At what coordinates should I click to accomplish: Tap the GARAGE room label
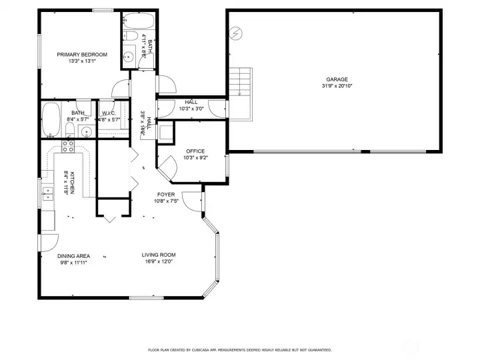[337, 79]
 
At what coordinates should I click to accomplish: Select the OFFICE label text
[195, 151]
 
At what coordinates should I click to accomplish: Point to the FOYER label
[166, 195]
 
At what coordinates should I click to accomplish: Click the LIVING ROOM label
[159, 255]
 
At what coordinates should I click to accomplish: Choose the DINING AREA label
[73, 255]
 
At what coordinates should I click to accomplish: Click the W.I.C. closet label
[109, 113]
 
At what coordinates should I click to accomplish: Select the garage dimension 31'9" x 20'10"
[337, 86]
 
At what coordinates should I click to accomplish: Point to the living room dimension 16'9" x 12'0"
[158, 262]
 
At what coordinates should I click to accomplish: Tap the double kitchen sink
[49, 193]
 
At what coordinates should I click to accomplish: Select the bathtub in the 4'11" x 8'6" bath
[139, 20]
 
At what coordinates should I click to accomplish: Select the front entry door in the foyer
[193, 200]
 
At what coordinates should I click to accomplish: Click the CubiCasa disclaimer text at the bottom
[239, 349]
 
